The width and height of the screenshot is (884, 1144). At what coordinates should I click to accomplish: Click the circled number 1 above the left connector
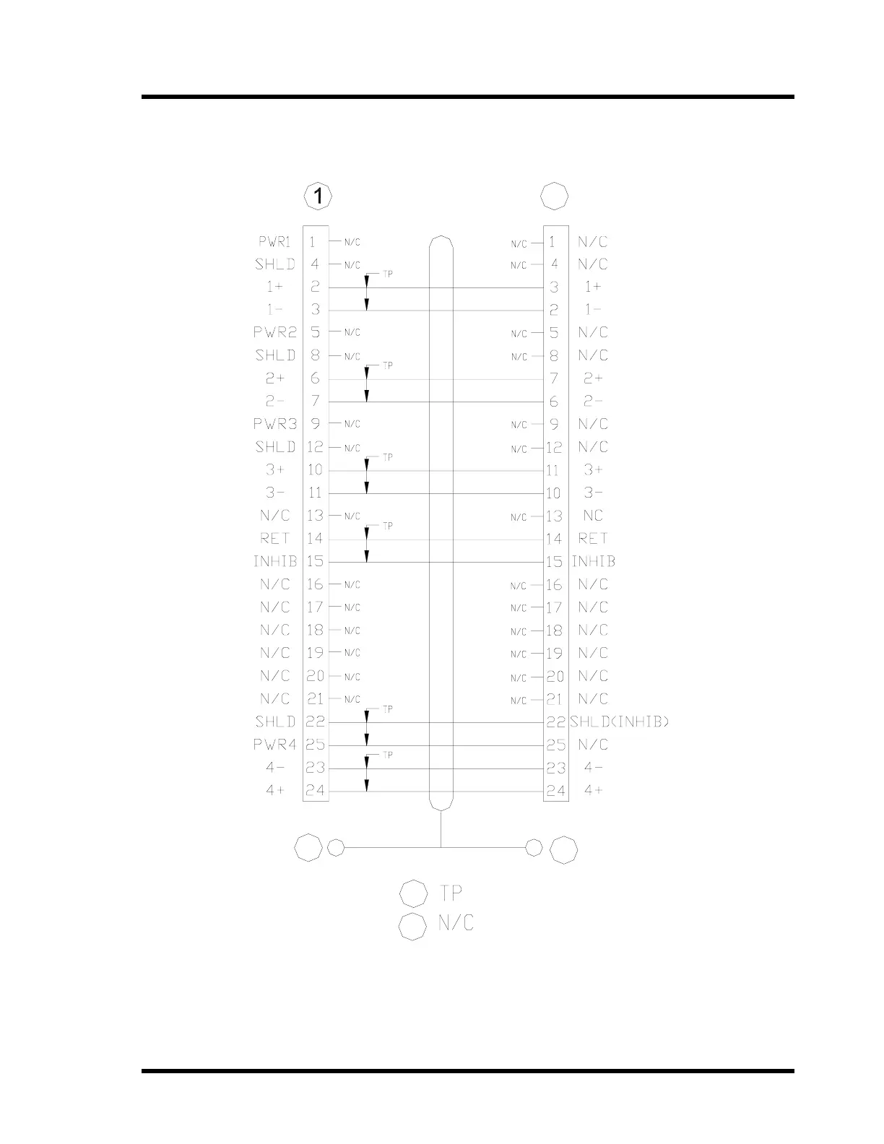(318, 196)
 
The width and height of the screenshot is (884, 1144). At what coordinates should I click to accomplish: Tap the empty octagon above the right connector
(555, 196)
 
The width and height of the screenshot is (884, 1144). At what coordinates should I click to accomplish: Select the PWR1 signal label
(274, 242)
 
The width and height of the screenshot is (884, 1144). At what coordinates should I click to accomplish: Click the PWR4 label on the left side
(274, 745)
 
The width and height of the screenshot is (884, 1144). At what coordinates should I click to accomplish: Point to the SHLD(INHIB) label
(620, 721)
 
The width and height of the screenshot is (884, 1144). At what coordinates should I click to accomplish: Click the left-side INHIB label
(274, 561)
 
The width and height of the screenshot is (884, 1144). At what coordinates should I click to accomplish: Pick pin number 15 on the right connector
(554, 562)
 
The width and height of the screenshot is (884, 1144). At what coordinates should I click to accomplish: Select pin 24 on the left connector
(316, 790)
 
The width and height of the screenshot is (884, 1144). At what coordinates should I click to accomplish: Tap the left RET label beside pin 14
(274, 538)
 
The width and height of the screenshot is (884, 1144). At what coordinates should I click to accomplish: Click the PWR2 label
(274, 332)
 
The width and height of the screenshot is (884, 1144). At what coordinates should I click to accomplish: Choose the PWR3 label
(274, 424)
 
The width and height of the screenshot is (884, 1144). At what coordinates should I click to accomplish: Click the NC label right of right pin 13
(592, 516)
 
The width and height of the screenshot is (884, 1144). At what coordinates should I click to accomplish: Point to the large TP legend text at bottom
(451, 893)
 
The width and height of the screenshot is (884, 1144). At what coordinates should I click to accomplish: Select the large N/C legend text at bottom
(456, 923)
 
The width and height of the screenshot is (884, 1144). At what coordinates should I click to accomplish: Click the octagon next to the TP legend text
(414, 893)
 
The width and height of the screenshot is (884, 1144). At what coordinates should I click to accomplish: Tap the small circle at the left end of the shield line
(336, 847)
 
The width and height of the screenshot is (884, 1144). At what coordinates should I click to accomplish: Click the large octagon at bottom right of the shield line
(563, 849)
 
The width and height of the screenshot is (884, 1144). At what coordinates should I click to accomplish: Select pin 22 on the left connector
(316, 721)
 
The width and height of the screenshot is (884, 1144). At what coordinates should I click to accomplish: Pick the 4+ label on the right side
(593, 790)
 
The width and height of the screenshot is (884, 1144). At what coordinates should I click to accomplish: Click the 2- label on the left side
(274, 401)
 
